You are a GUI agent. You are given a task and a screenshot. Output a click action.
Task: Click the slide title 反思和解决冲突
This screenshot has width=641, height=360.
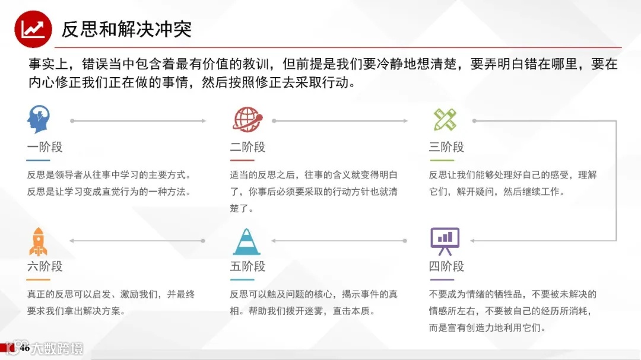coord(126,29)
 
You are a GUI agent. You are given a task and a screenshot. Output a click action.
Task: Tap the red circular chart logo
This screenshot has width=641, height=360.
coord(33,29)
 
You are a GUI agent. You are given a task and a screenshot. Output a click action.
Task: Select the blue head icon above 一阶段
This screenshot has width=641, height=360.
coord(39,120)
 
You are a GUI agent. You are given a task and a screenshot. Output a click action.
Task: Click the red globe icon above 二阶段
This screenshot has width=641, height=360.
coord(246,119)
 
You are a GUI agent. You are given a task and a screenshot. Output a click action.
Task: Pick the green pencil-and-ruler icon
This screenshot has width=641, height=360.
coord(445,120)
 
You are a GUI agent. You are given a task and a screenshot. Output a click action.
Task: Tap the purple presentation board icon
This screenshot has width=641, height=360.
coord(445,239)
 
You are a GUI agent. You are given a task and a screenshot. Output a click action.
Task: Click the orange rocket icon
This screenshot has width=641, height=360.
coord(39,241)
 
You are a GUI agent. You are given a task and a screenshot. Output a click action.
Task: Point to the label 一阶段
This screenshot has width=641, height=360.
coord(45,147)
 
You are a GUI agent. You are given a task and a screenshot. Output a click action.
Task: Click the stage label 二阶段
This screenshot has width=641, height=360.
coord(247,147)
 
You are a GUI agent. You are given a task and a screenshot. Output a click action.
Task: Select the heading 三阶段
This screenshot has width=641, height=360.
coord(446,147)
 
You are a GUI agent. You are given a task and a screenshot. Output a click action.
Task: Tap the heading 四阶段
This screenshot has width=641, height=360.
coord(446,266)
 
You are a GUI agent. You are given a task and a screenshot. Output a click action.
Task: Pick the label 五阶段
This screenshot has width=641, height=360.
coord(247,266)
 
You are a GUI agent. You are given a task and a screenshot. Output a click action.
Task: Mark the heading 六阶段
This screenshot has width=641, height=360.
coord(45,266)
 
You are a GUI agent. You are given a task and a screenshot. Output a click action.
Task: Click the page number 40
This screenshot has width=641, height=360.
coord(24,349)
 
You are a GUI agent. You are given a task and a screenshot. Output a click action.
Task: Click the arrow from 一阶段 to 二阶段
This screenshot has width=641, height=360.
coord(138,121)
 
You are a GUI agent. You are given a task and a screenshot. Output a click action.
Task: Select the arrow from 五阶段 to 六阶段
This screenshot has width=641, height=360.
coord(137,241)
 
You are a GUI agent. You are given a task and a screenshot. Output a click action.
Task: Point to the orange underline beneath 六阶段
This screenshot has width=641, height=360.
coord(38,279)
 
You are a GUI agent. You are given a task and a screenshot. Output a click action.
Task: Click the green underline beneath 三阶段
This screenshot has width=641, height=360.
coord(441,160)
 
